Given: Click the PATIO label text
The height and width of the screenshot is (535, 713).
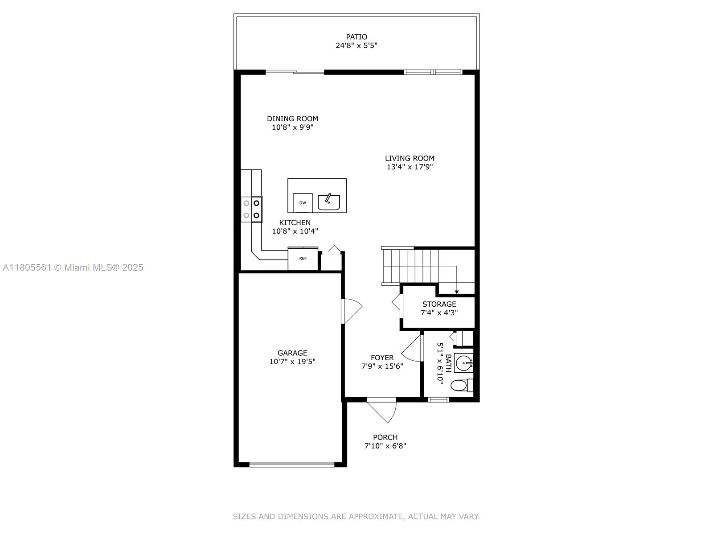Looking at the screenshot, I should click(x=356, y=37).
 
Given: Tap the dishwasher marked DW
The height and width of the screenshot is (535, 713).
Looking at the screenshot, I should click(x=303, y=203).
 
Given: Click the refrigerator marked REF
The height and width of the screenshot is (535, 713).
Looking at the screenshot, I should click(x=303, y=259).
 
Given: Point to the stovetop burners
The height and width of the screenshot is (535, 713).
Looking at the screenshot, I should click(x=252, y=209).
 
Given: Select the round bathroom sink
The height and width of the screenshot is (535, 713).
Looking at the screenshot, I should click(x=465, y=363).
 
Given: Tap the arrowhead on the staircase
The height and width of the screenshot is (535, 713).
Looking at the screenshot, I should click(x=457, y=292).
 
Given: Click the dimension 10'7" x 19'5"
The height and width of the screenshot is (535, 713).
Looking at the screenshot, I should click(x=292, y=362).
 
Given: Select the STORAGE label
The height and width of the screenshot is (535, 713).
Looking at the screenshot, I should click(x=439, y=304).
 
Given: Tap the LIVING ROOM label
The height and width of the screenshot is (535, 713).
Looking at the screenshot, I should click(x=410, y=158).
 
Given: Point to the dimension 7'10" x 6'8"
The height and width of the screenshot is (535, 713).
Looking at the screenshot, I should click(x=385, y=446).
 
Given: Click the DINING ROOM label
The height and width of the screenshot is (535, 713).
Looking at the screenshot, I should click(x=292, y=119).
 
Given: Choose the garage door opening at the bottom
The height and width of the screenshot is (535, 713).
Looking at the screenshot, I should click(x=292, y=465).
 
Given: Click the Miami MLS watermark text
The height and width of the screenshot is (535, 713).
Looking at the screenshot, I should click(x=73, y=267).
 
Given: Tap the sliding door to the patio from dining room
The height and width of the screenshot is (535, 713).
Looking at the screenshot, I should click(x=295, y=72).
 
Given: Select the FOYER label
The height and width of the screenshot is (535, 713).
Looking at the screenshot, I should click(x=382, y=358).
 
